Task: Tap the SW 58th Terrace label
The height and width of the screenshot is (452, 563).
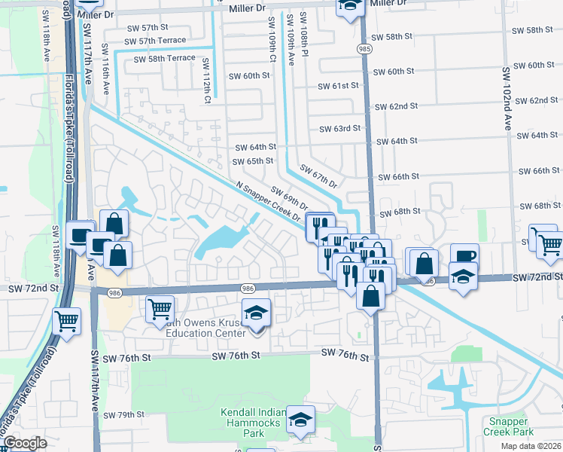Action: (x=164, y=58)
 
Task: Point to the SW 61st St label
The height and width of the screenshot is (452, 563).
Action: (x=336, y=86)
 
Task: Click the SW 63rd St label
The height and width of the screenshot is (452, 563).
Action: (x=339, y=129)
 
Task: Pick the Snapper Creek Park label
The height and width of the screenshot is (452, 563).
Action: (x=510, y=426)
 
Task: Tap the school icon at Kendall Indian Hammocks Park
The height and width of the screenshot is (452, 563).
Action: (x=300, y=420)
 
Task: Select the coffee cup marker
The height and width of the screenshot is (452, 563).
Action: (x=464, y=256)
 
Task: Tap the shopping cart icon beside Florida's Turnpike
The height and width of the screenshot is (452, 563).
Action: (x=66, y=320)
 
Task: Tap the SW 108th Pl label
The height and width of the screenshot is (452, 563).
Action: (x=303, y=29)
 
